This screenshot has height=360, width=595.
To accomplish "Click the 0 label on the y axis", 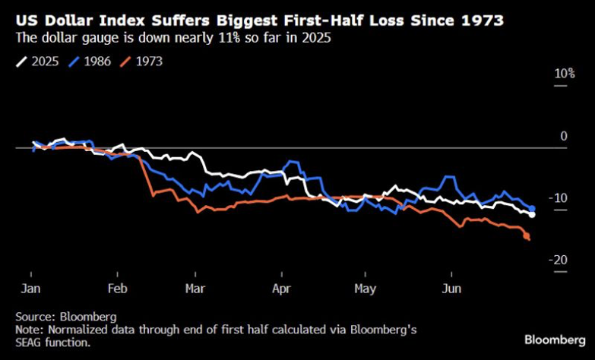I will point(563,136).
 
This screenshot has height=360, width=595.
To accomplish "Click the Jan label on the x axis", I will point(30,289).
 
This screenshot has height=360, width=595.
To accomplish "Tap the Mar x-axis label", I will point(195,289).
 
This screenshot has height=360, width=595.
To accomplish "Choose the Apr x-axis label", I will point(281,289).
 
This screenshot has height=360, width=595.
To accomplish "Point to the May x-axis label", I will point(366,289).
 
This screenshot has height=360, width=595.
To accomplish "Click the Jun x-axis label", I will point(451,289).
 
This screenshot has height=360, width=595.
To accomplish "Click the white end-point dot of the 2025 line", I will point(532,215).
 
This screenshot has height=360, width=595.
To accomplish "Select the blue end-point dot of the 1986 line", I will point(532,208).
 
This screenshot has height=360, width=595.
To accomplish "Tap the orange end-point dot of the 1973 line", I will point(527,238).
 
